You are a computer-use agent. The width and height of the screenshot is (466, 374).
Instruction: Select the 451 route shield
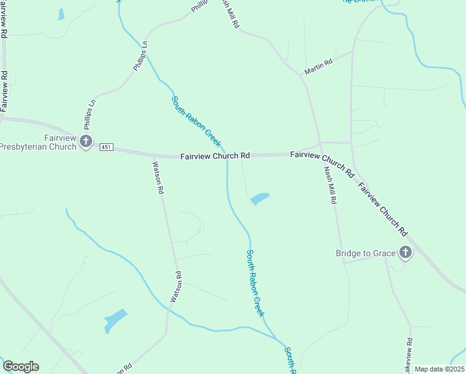pyautogui.click(x=105, y=146)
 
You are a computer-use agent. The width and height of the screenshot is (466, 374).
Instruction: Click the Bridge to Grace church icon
pyautogui.click(x=406, y=252)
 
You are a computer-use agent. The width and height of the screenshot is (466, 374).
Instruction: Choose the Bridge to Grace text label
pyautogui.click(x=366, y=253)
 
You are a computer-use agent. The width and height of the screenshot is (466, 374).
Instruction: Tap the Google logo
pyautogui.click(x=20, y=367)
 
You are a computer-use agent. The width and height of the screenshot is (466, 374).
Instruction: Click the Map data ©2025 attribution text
pyautogui.click(x=439, y=369)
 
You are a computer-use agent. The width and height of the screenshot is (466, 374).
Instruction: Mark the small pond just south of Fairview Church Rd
pyautogui.click(x=260, y=199)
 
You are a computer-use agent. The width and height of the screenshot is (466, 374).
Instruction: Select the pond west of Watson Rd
pyautogui.click(x=116, y=320)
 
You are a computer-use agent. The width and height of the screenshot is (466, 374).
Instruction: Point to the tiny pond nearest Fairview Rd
pyautogui.click(x=61, y=14)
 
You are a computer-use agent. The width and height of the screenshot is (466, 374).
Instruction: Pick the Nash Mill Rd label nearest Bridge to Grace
pyautogui.click(x=330, y=185)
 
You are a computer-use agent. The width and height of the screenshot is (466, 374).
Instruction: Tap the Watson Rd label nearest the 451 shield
pyautogui.click(x=158, y=177)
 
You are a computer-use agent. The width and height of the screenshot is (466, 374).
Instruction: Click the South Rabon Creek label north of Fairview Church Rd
pyautogui.click(x=196, y=121)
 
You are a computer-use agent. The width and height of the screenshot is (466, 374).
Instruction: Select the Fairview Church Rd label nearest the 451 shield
pyautogui.click(x=215, y=156)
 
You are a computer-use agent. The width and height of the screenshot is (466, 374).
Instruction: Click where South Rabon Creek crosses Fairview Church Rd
pyautogui.click(x=226, y=156)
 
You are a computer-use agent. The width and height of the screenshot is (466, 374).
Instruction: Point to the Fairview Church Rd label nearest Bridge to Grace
pyautogui.click(x=383, y=208)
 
